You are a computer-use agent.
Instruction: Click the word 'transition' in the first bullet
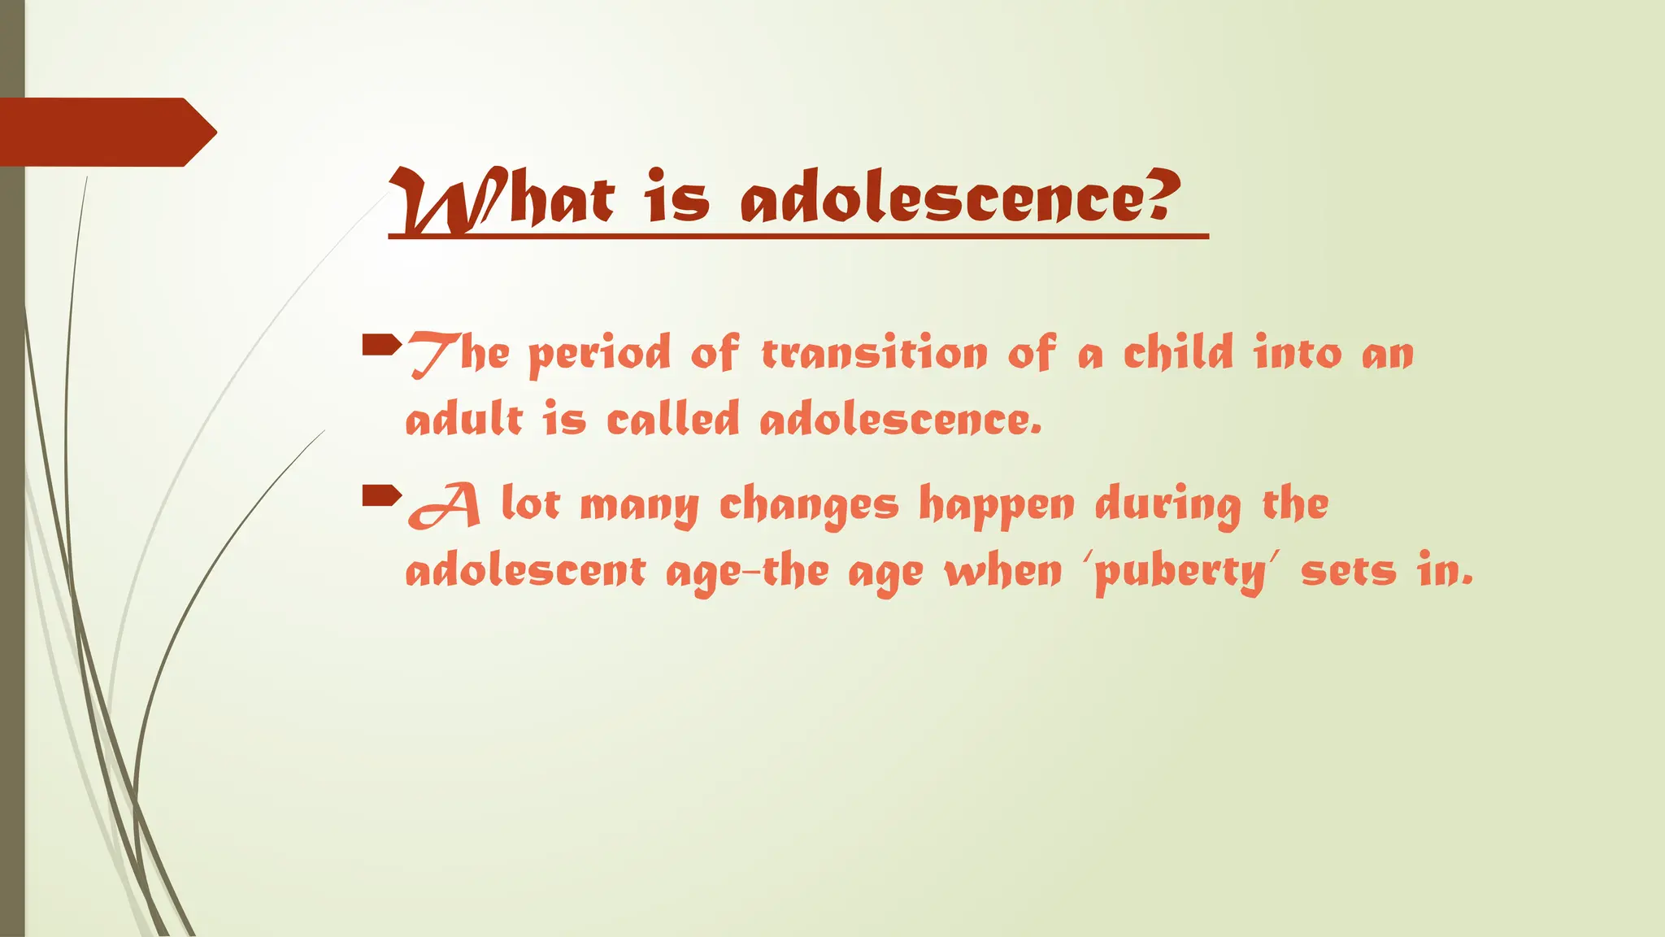[874, 354]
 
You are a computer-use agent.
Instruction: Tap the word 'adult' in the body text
[464, 420]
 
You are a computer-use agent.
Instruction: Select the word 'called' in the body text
[673, 420]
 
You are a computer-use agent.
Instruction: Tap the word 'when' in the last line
[1003, 571]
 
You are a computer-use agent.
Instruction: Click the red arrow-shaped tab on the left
[106, 132]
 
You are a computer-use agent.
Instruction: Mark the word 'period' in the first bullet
[599, 355]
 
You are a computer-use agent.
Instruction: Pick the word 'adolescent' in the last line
[525, 571]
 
